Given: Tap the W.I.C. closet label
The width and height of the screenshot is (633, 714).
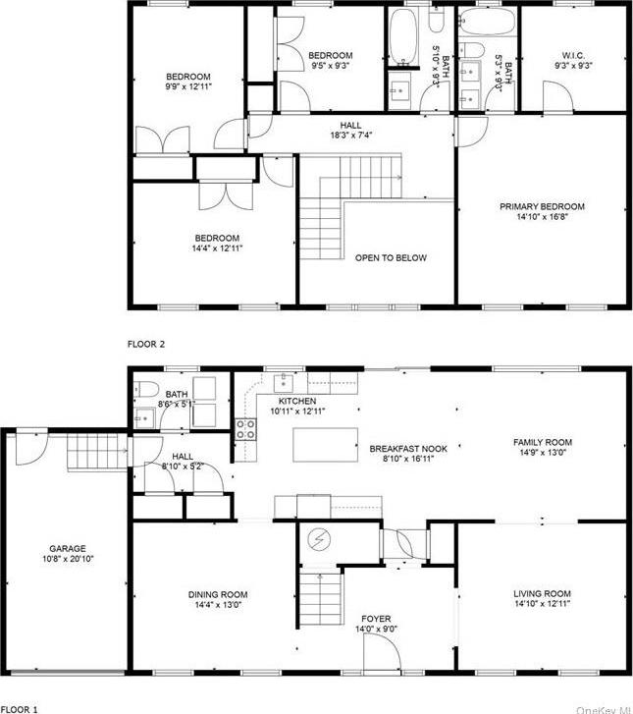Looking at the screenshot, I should pyautogui.click(x=574, y=55).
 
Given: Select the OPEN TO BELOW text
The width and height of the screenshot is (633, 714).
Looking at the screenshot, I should pyautogui.click(x=390, y=257).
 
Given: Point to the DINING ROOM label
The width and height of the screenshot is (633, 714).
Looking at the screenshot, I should pyautogui.click(x=217, y=594).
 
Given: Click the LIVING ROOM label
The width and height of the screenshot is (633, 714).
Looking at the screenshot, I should pyautogui.click(x=542, y=593).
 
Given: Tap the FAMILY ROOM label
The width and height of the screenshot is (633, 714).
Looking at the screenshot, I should pyautogui.click(x=542, y=443).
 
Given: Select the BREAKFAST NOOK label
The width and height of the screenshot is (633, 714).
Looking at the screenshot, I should pyautogui.click(x=407, y=449).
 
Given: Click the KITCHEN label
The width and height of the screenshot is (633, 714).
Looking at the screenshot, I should pyautogui.click(x=296, y=402).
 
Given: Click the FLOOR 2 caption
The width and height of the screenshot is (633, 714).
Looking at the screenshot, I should pyautogui.click(x=146, y=344).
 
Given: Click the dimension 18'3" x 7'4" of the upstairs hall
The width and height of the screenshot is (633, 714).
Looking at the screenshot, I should pyautogui.click(x=350, y=136).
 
